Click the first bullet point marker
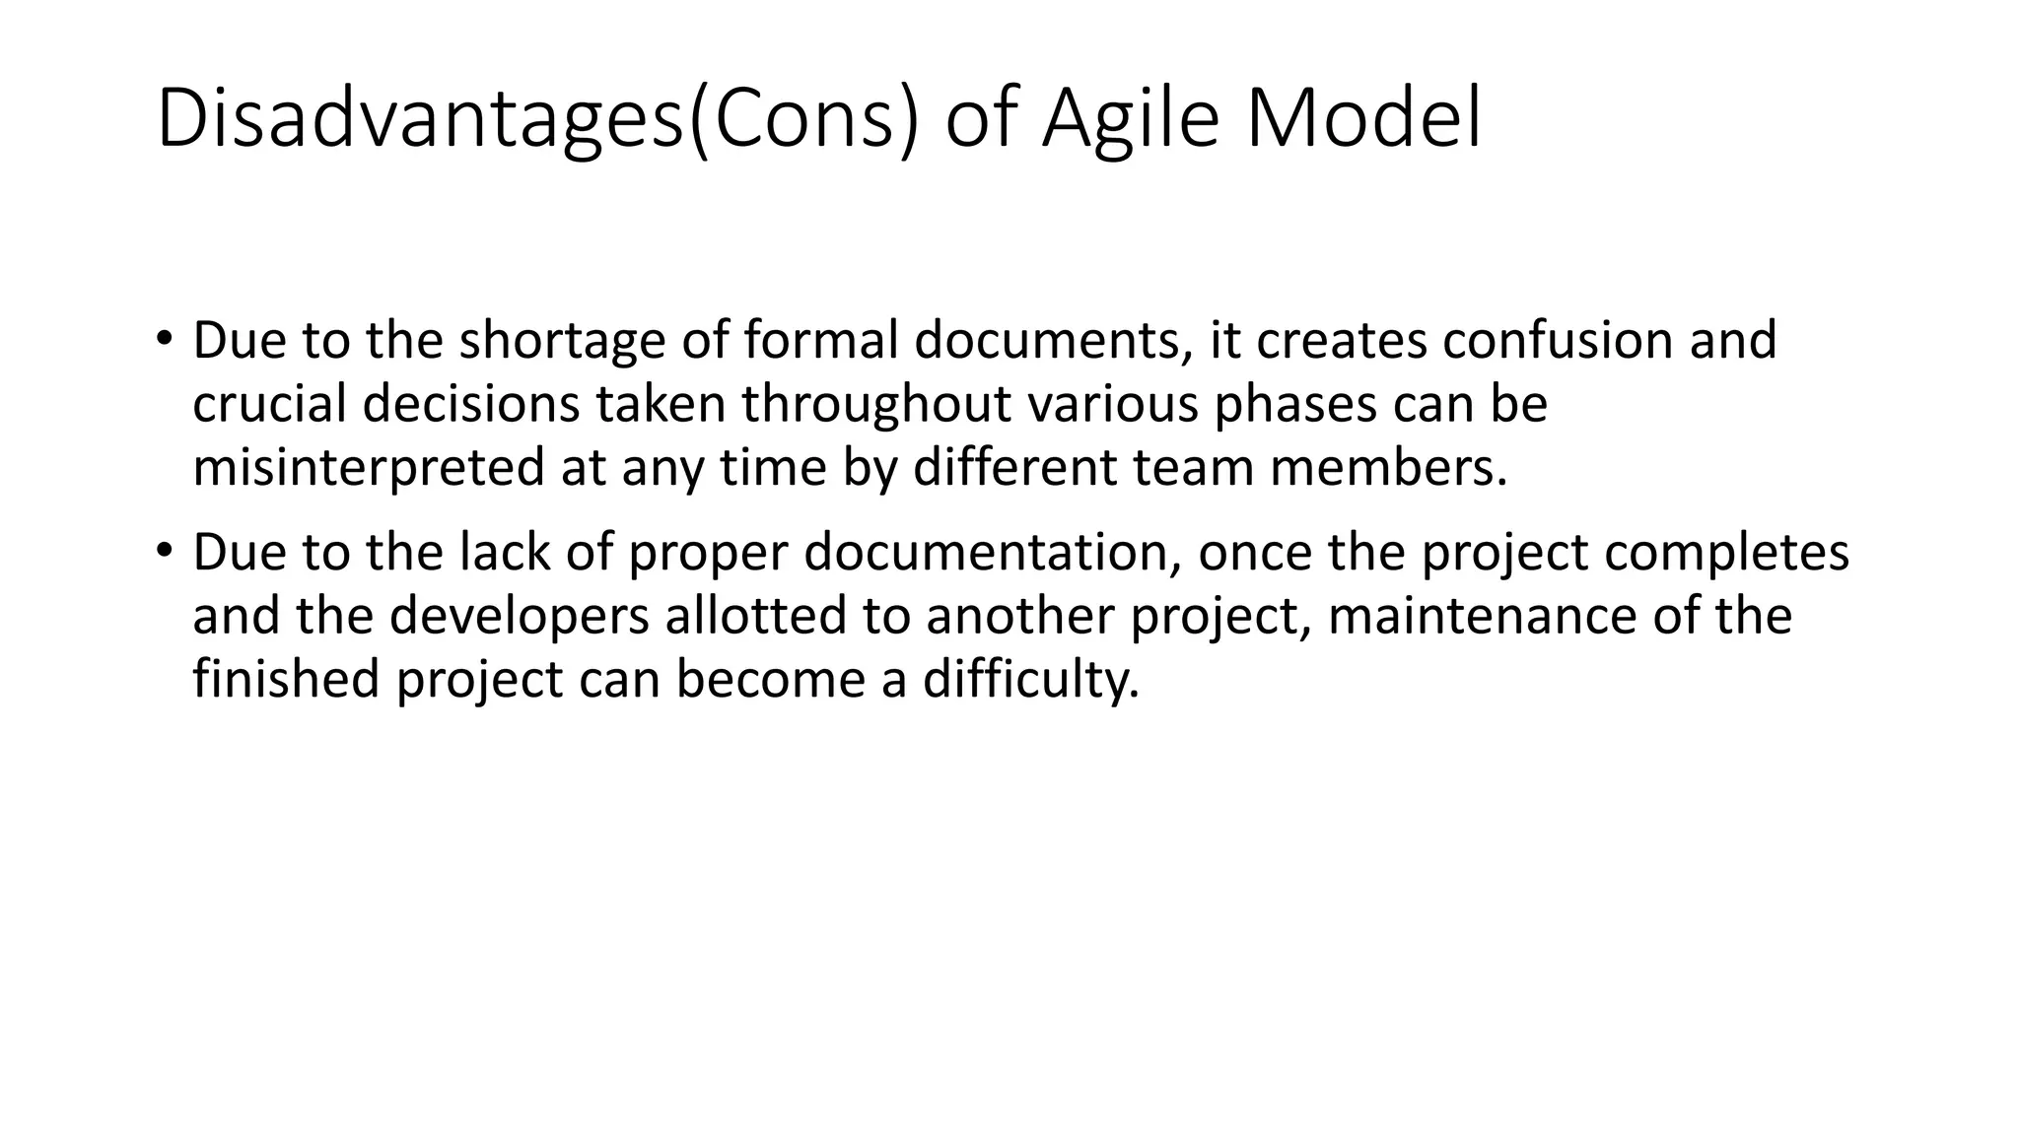tap(163, 338)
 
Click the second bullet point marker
tap(163, 550)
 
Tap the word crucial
tap(268, 404)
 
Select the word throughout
tap(877, 404)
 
